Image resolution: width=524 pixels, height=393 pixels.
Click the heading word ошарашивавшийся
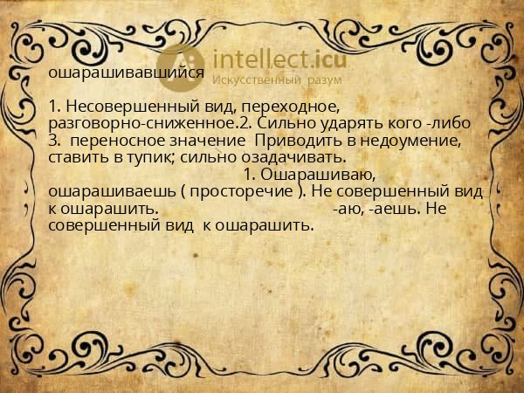click(x=127, y=73)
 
